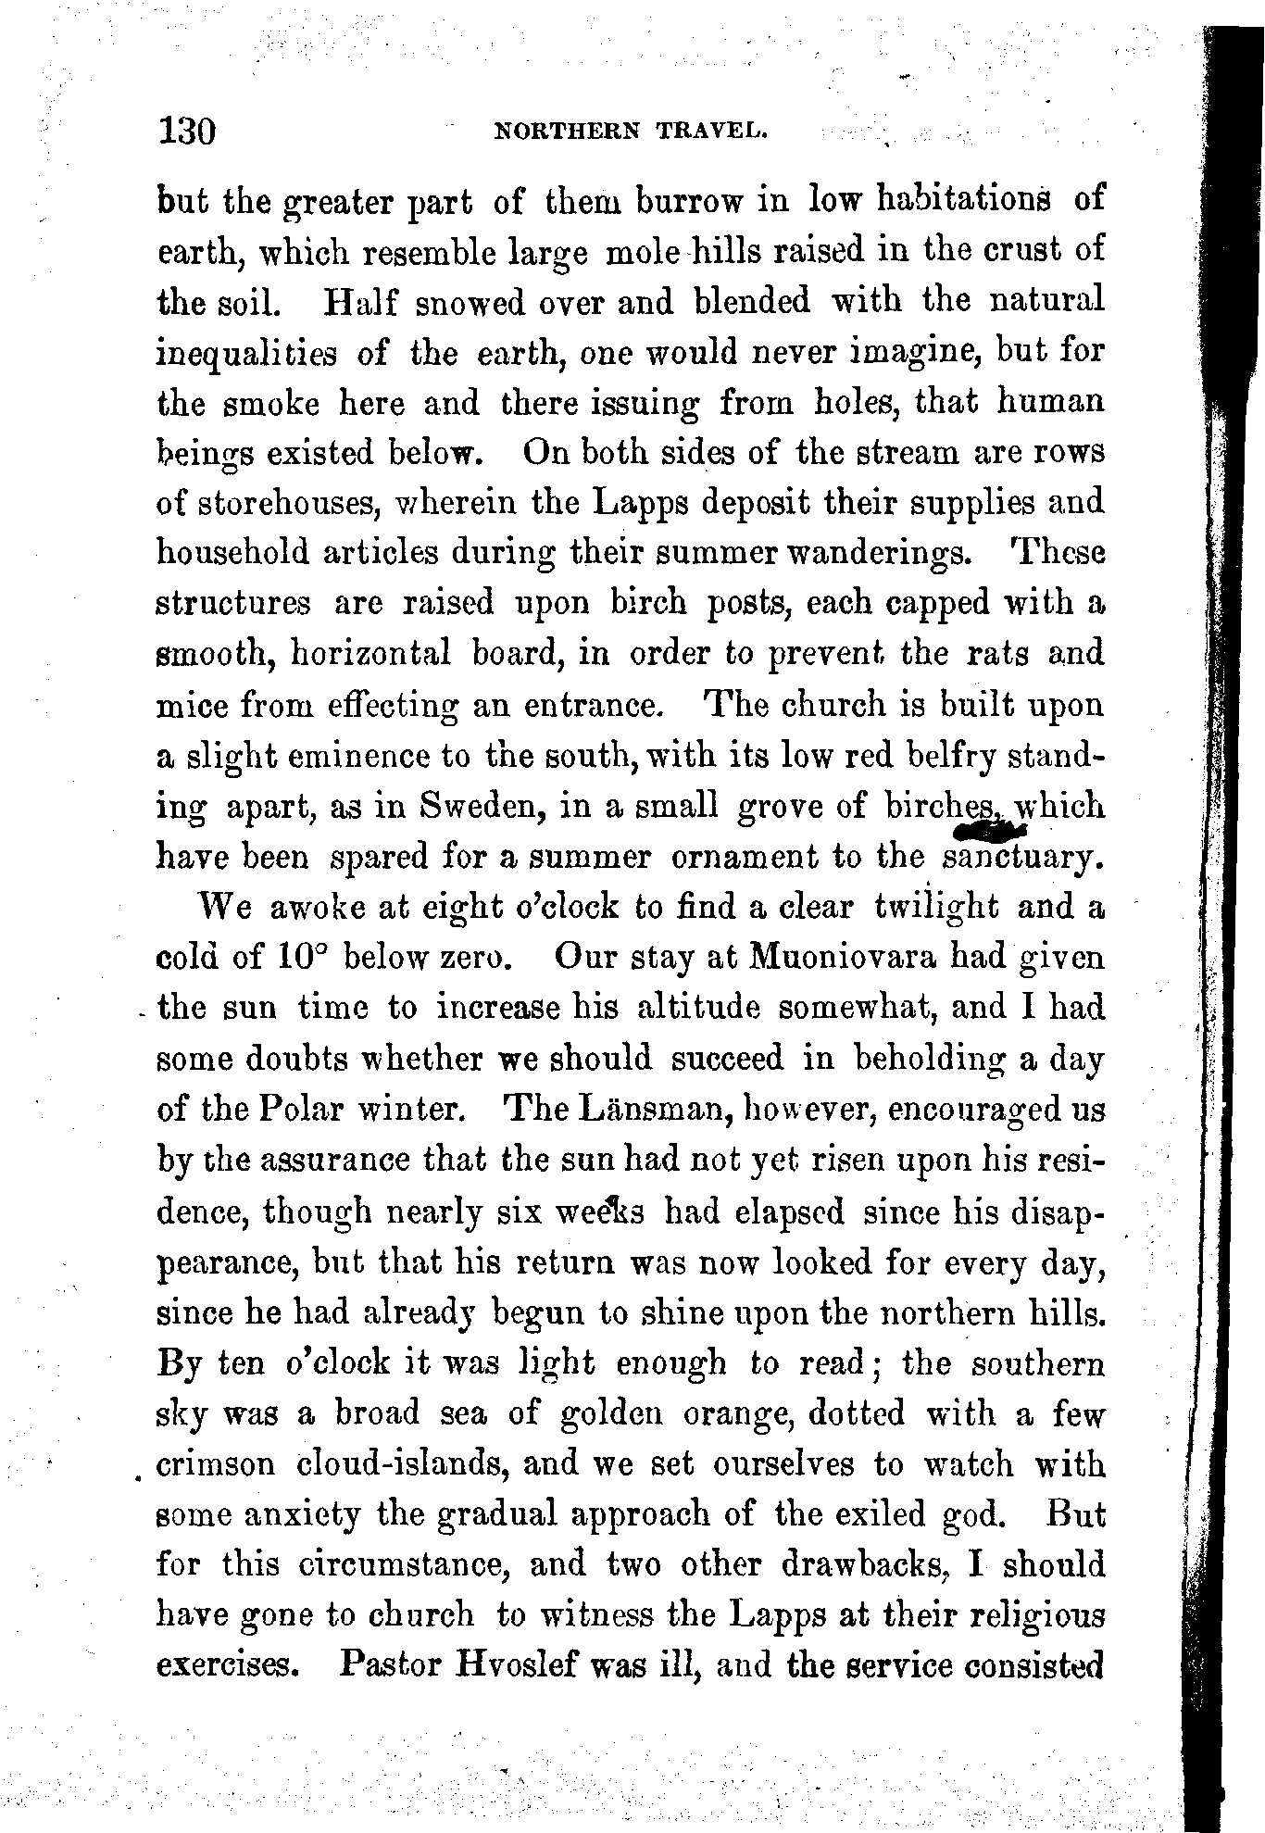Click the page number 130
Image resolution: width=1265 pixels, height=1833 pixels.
click(x=187, y=130)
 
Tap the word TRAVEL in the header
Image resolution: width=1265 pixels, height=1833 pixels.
click(x=712, y=131)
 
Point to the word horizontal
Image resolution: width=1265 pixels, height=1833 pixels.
click(x=371, y=654)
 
